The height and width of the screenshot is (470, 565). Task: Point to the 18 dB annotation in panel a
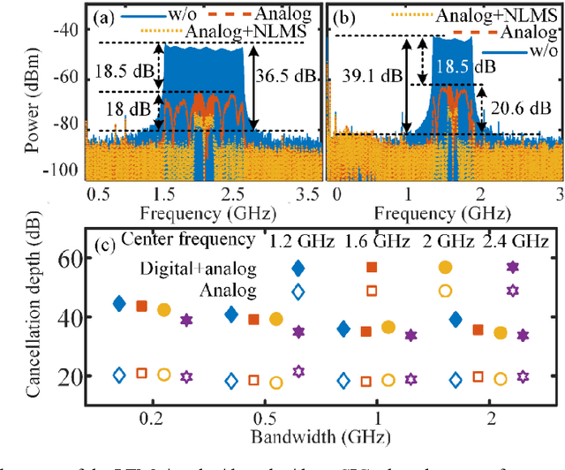(x=121, y=108)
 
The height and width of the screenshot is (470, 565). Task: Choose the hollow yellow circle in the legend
(x=444, y=291)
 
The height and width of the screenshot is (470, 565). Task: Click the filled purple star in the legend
(x=512, y=267)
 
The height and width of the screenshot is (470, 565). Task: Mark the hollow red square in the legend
(x=372, y=291)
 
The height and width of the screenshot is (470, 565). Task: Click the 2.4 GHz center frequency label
(x=516, y=241)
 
